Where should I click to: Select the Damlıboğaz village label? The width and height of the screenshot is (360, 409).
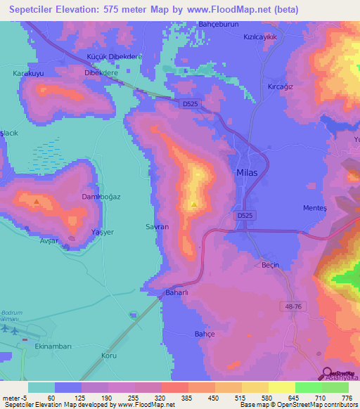101,197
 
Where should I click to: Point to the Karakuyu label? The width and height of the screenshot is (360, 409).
28,72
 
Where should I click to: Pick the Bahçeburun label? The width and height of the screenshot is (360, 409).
220,23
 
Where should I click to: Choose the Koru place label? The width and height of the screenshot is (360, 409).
109,356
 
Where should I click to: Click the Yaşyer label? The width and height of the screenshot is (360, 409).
103,232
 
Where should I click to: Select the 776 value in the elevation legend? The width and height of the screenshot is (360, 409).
348,398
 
